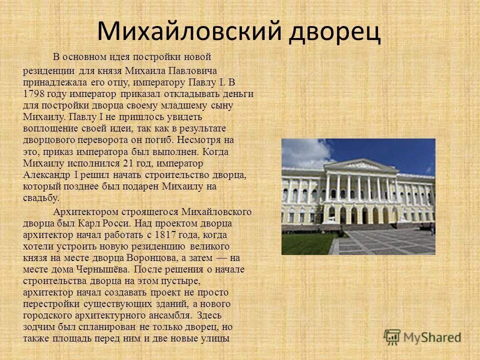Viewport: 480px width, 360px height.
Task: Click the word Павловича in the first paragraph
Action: click(x=192, y=71)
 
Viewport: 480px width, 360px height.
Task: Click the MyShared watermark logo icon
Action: click(x=392, y=337)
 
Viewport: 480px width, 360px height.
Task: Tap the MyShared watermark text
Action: click(x=432, y=337)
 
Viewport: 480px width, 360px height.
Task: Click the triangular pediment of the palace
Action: click(x=361, y=164)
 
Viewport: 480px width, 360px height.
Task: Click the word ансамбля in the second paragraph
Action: click(x=169, y=315)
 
